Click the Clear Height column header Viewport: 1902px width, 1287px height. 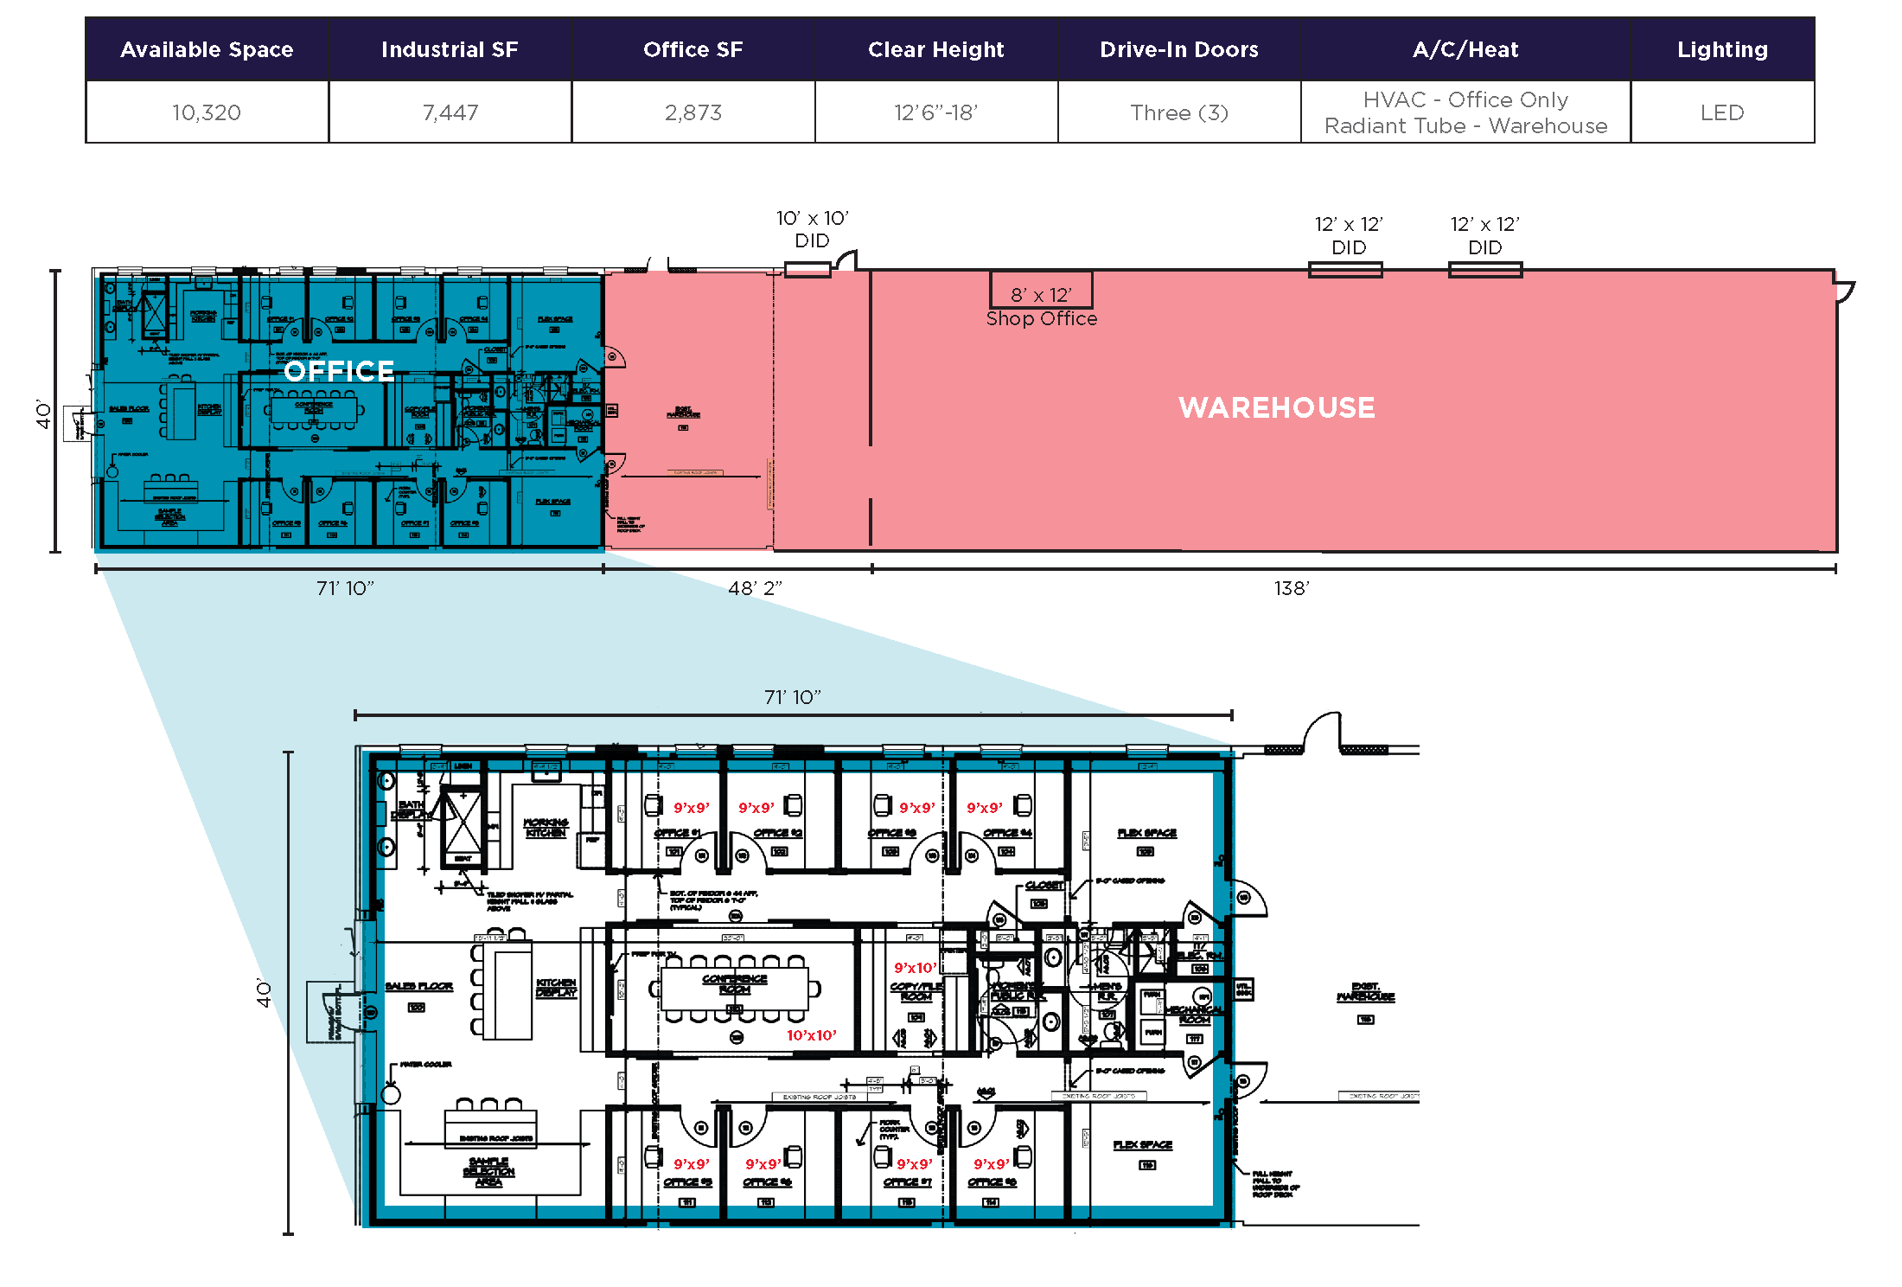[935, 49]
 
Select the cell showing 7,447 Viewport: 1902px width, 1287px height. [450, 112]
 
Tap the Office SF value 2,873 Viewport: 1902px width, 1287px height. [693, 112]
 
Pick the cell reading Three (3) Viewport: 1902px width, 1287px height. [1178, 112]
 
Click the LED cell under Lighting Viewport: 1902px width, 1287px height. [1721, 112]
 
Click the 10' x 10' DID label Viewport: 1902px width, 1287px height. [812, 229]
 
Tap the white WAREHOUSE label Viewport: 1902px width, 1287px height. [1276, 407]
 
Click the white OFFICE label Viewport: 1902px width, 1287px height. [339, 371]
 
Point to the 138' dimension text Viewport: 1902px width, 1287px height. [1292, 588]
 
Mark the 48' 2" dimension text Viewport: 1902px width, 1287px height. [755, 588]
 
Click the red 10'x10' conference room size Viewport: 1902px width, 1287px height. [811, 1035]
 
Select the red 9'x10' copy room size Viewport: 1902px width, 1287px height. [915, 968]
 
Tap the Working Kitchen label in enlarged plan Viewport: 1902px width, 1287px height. [546, 827]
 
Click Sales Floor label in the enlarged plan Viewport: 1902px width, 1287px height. [418, 986]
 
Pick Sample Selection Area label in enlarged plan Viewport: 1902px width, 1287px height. [488, 1171]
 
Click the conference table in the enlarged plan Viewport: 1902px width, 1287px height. [734, 989]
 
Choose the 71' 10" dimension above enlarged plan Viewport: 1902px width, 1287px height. [792, 697]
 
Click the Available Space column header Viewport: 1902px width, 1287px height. [207, 49]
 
